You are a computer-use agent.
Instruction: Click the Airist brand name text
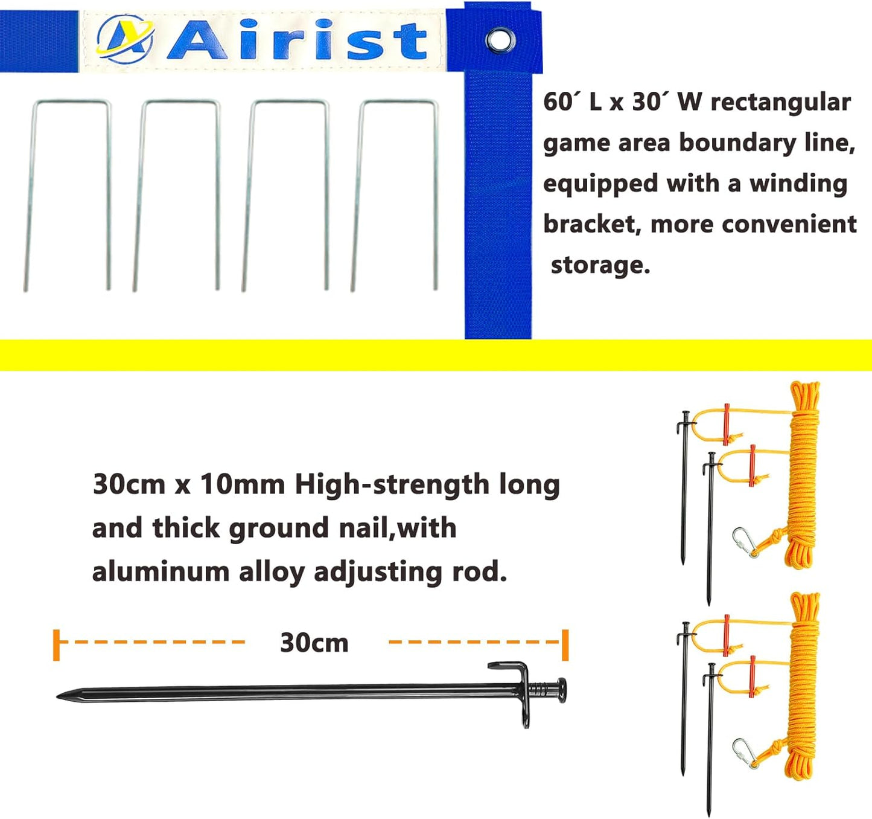[297, 40]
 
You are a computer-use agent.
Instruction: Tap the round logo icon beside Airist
[125, 39]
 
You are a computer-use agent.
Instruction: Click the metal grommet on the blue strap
[500, 40]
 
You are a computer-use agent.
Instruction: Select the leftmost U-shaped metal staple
[68, 193]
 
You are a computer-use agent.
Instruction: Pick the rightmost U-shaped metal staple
[395, 193]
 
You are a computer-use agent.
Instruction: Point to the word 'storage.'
[600, 265]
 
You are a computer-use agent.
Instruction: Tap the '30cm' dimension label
[314, 643]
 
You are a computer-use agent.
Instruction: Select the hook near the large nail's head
[513, 670]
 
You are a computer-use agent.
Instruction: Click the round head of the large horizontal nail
[561, 690]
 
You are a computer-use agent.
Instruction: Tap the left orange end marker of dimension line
[57, 644]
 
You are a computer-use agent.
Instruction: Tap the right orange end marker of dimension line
[565, 644]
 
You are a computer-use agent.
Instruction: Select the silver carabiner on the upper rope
[744, 542]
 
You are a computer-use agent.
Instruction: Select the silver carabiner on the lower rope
[744, 753]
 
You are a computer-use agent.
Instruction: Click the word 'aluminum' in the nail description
[161, 571]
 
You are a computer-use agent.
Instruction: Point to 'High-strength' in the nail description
[392, 484]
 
